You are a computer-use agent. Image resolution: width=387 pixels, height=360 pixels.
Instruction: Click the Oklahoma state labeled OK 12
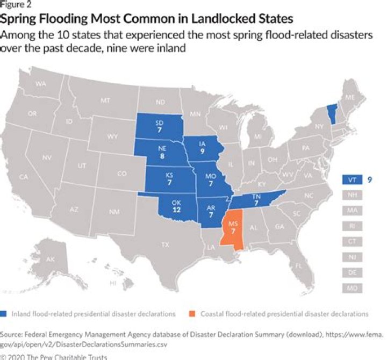tap(176, 207)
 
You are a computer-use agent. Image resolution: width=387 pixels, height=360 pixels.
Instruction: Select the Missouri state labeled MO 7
tap(210, 180)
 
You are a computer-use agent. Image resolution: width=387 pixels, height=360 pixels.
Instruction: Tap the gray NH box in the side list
tap(351, 195)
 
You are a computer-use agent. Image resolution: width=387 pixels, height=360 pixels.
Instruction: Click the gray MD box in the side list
tap(351, 289)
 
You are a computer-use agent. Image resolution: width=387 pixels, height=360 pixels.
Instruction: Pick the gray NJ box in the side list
tap(351, 257)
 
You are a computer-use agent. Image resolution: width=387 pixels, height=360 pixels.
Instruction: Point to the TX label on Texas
tap(166, 244)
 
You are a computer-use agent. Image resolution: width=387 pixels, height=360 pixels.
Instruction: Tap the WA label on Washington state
tap(41, 84)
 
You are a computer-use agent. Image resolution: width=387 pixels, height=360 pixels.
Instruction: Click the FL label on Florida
tap(299, 266)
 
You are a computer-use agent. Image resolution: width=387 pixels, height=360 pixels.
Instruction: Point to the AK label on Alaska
tap(50, 260)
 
